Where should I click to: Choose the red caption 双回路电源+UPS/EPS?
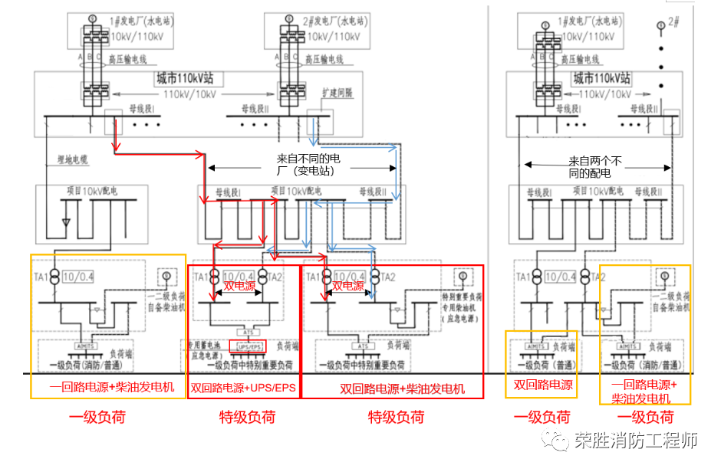point(243,388)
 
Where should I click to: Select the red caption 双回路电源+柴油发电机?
point(392,388)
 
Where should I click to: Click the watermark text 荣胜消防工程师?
point(636,441)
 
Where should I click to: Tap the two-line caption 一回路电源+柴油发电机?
point(644,392)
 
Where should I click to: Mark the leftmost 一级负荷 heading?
point(97,417)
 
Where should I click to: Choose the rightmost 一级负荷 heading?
point(645,417)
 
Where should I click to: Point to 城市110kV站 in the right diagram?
point(602,78)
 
